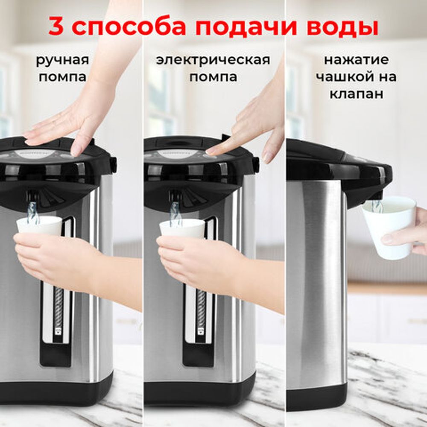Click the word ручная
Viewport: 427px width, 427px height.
coord(62,60)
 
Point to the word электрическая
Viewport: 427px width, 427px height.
coord(213,60)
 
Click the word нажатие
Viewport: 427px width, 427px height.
coord(356,60)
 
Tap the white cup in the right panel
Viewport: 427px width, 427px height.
coord(389,226)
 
